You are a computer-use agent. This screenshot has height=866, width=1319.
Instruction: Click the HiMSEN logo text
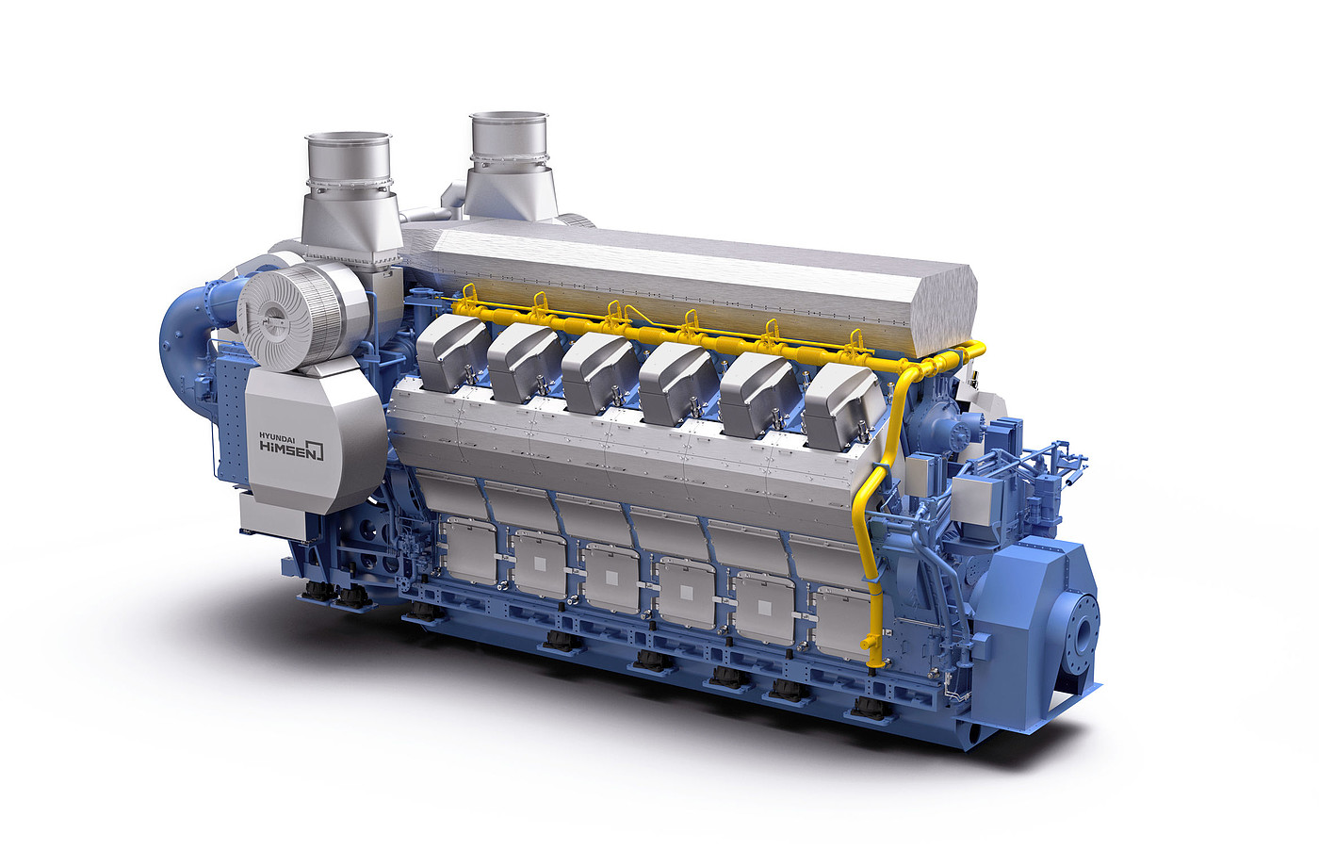pos(291,449)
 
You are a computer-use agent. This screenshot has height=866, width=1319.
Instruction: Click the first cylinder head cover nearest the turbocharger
pos(453,352)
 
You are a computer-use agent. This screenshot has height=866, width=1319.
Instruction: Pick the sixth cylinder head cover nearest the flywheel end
pos(844,406)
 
